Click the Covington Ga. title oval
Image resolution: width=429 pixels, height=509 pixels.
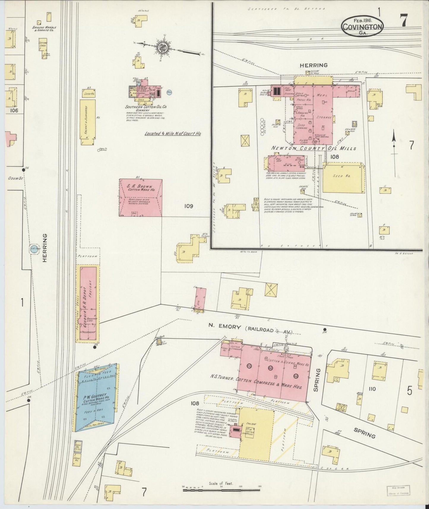coord(362,26)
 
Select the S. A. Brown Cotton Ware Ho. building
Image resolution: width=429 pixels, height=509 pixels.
coord(141,197)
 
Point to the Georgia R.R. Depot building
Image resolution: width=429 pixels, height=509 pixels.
coord(88,303)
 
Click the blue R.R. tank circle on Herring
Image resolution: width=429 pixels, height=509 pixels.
coord(34,249)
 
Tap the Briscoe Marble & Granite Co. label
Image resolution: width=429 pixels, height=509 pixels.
coord(44,29)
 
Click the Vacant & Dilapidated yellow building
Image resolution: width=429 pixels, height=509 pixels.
coord(88,122)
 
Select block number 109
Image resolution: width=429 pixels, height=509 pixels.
coord(189,206)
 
